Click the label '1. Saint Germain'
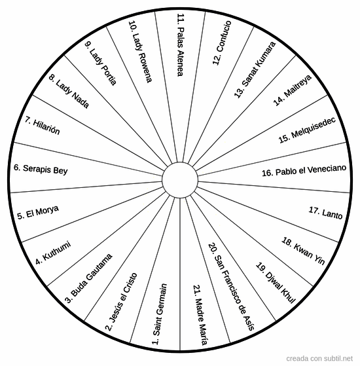pos(160,314)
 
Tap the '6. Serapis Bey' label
pos(41,169)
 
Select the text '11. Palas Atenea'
pos(181,45)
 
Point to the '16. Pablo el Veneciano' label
pos(304,171)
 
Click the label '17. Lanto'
pos(325,213)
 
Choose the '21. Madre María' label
pos(200,315)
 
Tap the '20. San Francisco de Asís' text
pos(231,287)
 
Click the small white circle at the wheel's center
pos(180,180)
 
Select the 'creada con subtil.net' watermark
pos(319,358)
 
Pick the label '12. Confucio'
pos(222,43)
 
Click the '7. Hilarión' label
pos(43,126)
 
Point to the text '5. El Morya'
pos(38,212)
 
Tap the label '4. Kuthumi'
pos(53,253)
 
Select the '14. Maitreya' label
pos(293,90)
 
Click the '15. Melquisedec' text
pos(307,130)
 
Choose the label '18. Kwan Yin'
pos(303,251)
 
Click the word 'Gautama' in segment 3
pos(99,268)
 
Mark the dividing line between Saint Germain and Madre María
pos(180,274)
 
